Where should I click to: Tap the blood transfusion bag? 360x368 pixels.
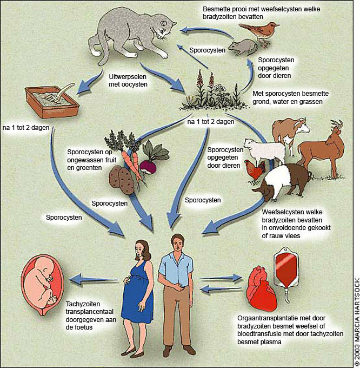click(294, 271)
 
